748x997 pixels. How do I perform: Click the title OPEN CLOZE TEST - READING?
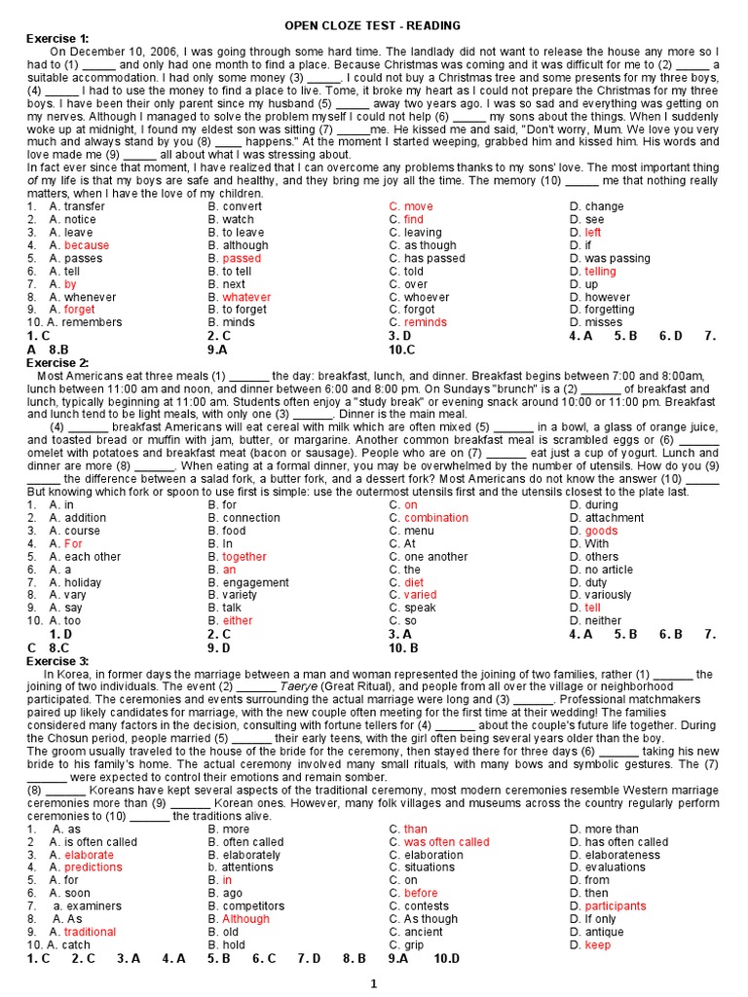[x=373, y=25]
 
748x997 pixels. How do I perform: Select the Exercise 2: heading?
[x=56, y=362]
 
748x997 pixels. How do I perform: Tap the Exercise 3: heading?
[x=56, y=661]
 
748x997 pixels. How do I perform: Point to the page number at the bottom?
[x=373, y=984]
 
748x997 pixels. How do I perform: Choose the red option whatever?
[x=246, y=297]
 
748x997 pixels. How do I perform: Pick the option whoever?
[x=427, y=297]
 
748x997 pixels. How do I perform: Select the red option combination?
[x=435, y=518]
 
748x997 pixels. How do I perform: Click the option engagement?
[x=255, y=582]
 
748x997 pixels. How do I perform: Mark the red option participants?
[x=615, y=905]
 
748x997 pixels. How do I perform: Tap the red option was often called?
[x=446, y=842]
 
